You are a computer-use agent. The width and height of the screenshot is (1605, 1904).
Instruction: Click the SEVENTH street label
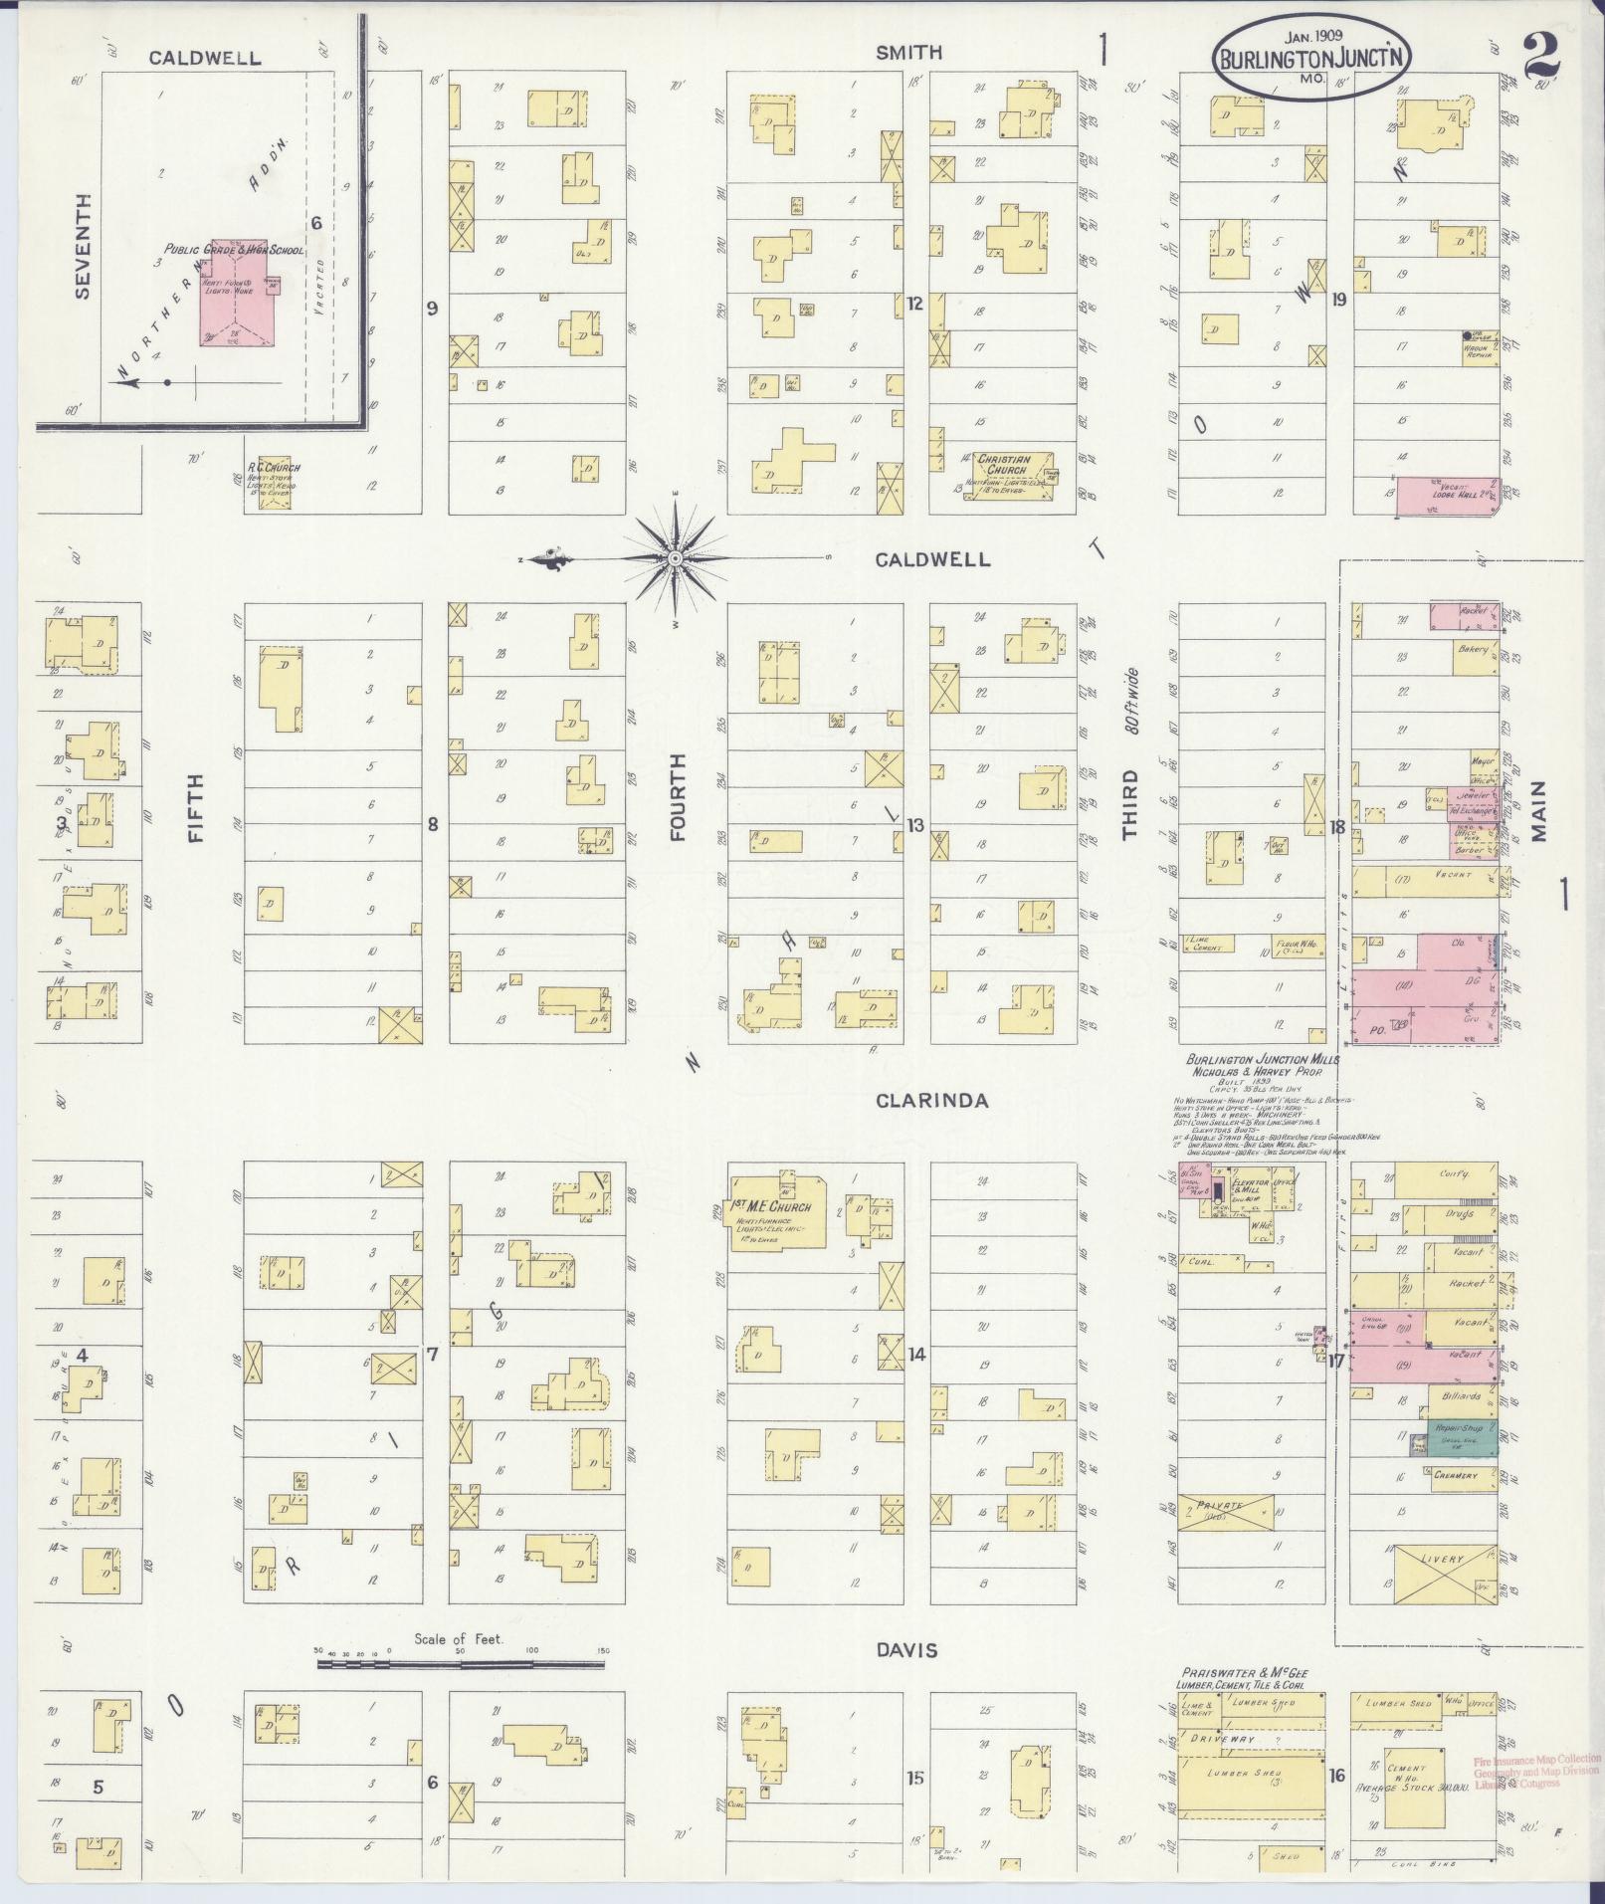(x=83, y=245)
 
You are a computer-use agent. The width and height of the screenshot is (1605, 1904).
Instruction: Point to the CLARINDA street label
(x=932, y=1100)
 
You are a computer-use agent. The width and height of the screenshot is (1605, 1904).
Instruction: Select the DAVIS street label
(x=906, y=1650)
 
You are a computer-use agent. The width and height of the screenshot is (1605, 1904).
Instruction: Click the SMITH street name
(x=908, y=52)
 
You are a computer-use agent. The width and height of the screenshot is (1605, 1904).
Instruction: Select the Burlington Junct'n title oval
(x=1311, y=57)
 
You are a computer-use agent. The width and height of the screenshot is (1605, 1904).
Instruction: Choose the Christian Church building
(x=1015, y=474)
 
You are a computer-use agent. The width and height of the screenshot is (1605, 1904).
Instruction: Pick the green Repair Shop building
(x=1462, y=1439)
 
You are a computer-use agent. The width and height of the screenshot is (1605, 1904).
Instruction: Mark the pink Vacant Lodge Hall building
(x=1448, y=496)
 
